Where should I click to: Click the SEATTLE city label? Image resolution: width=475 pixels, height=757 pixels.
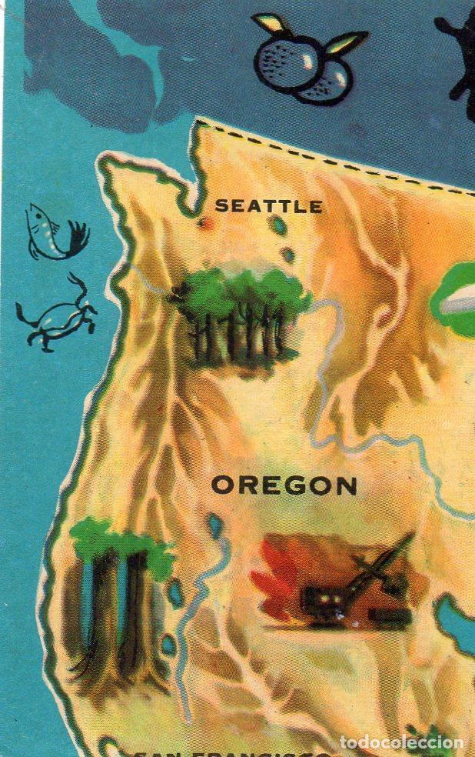(x=268, y=206)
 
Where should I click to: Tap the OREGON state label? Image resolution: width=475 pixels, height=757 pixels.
(x=284, y=485)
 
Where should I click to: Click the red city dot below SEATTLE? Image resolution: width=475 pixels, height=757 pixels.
(x=204, y=222)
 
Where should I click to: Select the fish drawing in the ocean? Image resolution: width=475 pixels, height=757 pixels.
(x=54, y=231)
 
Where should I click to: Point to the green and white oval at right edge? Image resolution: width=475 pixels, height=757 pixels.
(x=458, y=300)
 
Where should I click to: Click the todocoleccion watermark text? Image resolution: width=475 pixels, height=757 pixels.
(x=401, y=742)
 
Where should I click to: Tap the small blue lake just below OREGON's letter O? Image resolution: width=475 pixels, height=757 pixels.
(x=216, y=525)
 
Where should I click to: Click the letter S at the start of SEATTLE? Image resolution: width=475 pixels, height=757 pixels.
(x=221, y=206)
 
